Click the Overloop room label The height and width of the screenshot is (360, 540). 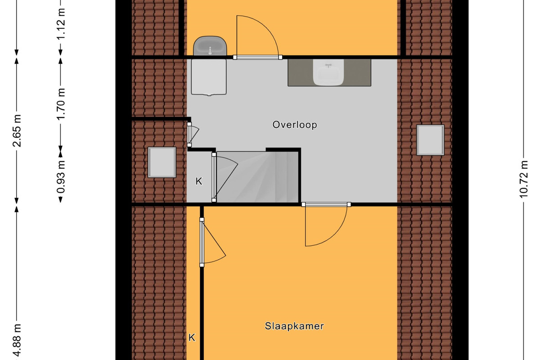[295, 125]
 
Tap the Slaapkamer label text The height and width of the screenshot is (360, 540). [294, 326]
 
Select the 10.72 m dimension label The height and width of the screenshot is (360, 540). [524, 179]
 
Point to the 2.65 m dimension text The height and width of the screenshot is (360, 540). [17, 130]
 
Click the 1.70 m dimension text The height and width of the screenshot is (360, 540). [61, 104]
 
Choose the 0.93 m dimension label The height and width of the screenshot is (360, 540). [61, 177]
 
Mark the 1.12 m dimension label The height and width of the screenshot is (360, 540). [61, 24]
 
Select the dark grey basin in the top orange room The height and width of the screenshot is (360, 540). [210, 46]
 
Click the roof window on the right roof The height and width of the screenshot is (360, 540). [430, 140]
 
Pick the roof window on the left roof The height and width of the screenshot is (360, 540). [162, 162]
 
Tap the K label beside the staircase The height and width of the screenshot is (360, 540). [199, 181]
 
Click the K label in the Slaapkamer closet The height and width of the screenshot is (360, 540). [192, 337]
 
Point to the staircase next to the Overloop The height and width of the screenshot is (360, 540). [257, 177]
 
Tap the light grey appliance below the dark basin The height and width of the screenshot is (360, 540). [209, 77]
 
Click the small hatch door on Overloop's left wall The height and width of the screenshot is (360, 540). [193, 134]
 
